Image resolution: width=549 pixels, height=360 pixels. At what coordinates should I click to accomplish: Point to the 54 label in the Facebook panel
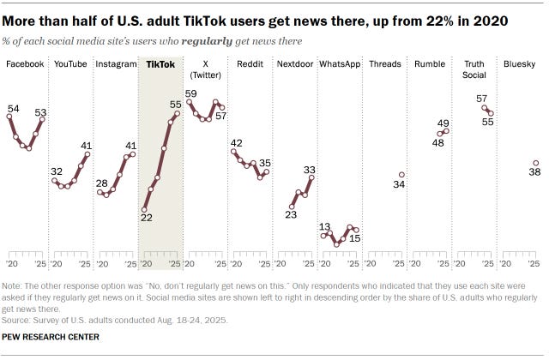click(x=13, y=108)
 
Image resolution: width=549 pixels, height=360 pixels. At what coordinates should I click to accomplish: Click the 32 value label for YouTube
click(x=57, y=171)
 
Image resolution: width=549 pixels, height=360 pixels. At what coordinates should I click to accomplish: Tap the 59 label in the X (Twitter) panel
click(x=191, y=93)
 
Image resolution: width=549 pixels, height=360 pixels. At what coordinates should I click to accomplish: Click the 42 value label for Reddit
click(x=236, y=142)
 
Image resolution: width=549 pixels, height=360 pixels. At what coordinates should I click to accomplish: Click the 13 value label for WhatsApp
click(x=325, y=226)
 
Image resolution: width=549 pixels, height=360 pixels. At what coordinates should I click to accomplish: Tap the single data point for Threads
click(x=401, y=175)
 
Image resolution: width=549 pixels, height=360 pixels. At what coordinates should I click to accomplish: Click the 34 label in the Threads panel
click(x=398, y=185)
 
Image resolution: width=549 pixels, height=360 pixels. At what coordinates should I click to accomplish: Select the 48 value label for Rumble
click(x=437, y=143)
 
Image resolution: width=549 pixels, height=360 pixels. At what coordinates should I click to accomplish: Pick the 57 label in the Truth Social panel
click(x=482, y=99)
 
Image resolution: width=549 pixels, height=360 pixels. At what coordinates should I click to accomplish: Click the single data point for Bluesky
click(x=535, y=163)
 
